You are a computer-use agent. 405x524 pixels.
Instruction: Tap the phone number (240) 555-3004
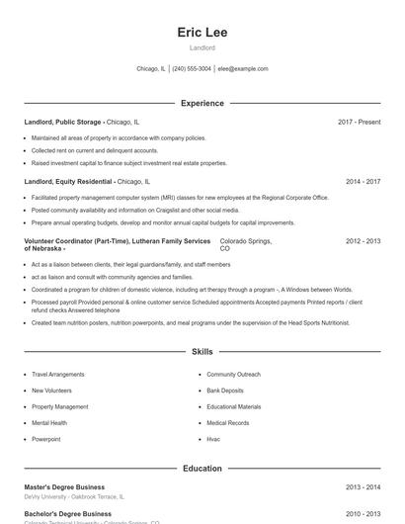[192, 69]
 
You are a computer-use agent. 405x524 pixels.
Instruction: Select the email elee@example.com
[243, 69]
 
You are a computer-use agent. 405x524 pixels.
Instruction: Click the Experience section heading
[202, 103]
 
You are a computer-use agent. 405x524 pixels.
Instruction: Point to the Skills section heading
[202, 352]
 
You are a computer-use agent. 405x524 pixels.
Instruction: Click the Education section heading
[202, 469]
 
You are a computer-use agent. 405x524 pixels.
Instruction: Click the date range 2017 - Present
[359, 122]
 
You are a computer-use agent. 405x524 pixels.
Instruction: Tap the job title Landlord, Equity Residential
[68, 182]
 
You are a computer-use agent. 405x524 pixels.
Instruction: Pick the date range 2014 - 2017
[363, 182]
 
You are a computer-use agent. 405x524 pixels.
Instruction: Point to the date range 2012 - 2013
[363, 241]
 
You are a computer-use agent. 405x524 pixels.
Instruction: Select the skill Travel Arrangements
[57, 375]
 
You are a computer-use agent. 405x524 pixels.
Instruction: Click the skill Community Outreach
[233, 375]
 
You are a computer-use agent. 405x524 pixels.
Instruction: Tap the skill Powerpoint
[45, 439]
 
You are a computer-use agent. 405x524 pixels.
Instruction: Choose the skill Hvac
[213, 439]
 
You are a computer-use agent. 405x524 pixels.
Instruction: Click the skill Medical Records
[228, 423]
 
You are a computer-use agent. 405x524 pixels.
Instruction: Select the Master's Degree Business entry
[64, 487]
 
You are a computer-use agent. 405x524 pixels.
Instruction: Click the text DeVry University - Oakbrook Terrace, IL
[74, 497]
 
